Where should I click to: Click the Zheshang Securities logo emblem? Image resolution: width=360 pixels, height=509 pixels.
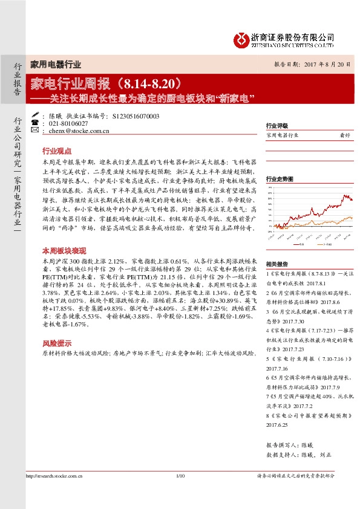(241, 39)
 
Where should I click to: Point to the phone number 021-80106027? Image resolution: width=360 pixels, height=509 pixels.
(68, 123)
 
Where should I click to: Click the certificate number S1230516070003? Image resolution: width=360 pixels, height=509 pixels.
(136, 115)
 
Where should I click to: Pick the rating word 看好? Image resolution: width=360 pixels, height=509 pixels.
(344, 135)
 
